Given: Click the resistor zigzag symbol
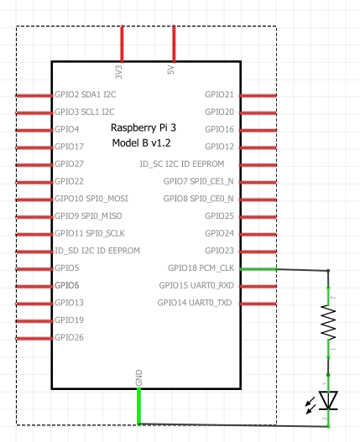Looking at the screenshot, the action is point(328,322).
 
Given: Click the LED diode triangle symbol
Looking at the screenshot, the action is point(328,400).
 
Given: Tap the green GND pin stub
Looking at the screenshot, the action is point(138,406).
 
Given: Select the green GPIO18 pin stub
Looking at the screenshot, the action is point(258,269).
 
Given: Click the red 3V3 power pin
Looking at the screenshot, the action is point(122,44).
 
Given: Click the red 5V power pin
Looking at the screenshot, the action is point(174,44).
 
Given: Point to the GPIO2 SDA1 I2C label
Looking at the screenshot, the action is point(86,95).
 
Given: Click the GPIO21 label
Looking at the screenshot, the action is point(220,95).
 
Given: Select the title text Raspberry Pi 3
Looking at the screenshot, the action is point(143,127).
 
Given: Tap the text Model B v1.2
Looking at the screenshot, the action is point(141,143).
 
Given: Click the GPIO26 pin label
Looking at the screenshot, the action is point(69,337).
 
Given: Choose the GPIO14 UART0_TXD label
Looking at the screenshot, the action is point(195,303).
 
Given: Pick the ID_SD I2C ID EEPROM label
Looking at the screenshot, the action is point(97,251).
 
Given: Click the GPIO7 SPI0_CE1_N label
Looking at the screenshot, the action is point(198,181).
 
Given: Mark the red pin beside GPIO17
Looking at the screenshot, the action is point(34,148).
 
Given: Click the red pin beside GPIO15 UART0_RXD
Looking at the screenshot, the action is point(258,286).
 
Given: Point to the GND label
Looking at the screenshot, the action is point(138,378).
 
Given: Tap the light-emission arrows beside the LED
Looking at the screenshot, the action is point(310,405).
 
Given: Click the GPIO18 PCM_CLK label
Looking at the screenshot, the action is point(201,268).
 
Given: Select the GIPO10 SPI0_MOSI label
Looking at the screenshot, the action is point(91,199).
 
